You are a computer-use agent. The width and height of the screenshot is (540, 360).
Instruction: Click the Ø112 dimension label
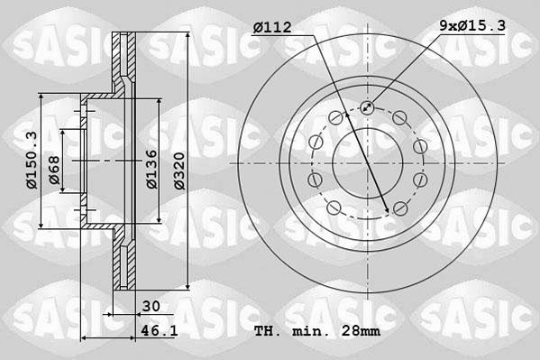(x=272, y=28)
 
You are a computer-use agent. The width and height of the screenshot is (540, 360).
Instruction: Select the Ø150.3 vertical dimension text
(x=32, y=160)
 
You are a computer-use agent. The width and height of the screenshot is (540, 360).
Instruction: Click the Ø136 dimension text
(x=153, y=169)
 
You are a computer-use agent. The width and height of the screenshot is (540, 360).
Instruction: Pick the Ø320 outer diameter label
(x=180, y=169)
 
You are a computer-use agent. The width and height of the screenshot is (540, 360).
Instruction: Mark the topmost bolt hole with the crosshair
(x=367, y=108)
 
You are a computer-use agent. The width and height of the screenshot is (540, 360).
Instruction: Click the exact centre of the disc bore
(x=367, y=162)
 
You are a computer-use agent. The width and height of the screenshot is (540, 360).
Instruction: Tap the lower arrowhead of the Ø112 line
(x=388, y=210)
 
